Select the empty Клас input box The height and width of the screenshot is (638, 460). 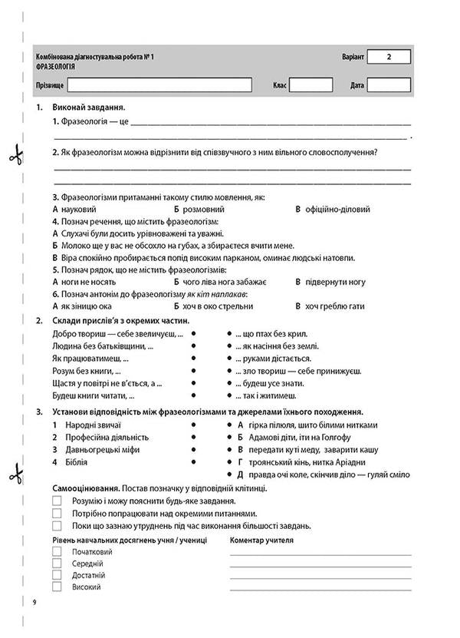[310, 84]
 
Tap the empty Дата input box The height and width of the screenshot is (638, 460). [389, 84]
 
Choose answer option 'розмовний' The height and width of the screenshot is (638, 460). [203, 209]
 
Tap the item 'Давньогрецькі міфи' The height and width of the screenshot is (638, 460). [97, 449]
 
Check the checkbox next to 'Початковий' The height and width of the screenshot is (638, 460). [57, 552]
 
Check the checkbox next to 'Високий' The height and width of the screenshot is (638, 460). [57, 587]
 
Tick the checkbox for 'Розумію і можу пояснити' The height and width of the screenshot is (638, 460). [57, 501]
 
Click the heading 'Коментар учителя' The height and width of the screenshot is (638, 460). [261, 540]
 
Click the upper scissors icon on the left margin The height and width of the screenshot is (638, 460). [12, 156]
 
